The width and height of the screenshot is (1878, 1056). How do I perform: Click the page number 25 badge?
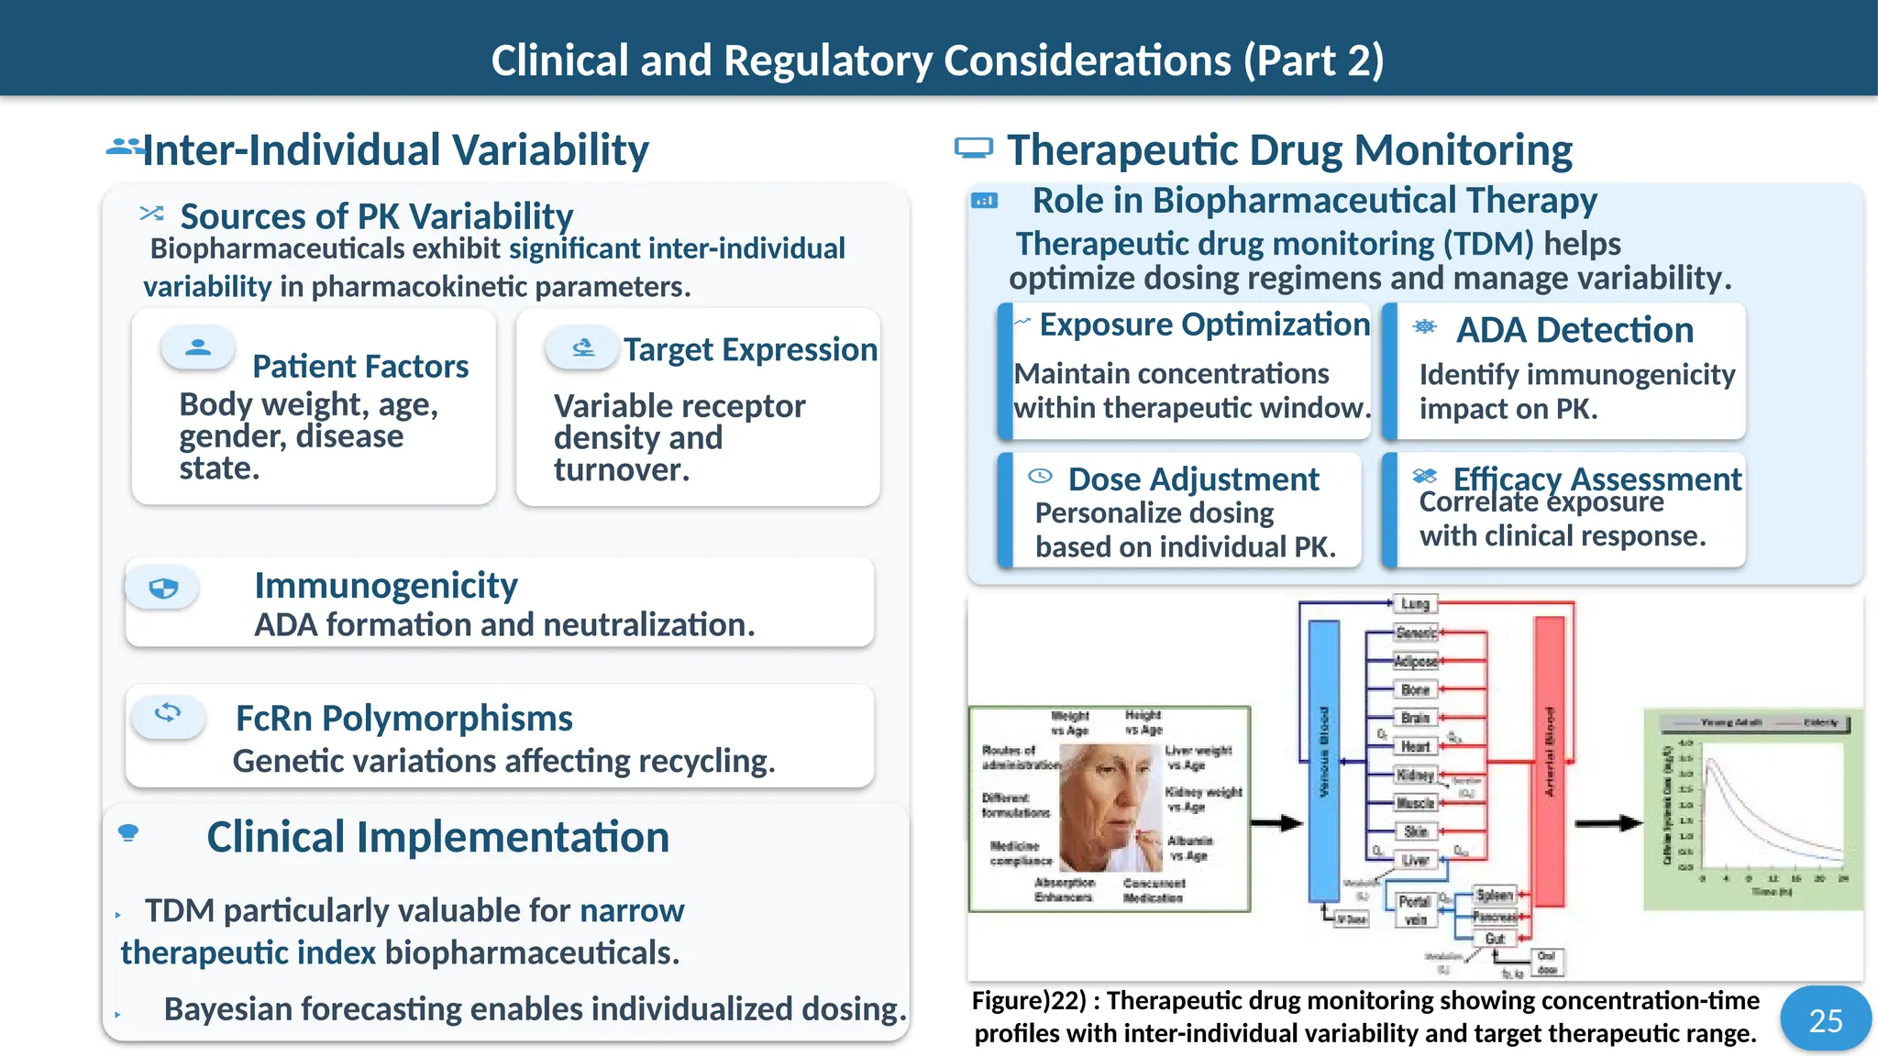tap(1825, 1019)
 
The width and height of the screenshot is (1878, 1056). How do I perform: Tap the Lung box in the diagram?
tap(1415, 603)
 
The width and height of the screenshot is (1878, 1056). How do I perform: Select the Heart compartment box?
tap(1415, 746)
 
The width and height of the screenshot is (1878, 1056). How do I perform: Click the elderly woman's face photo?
tap(1110, 807)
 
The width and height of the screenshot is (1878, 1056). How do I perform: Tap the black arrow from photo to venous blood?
tap(1276, 822)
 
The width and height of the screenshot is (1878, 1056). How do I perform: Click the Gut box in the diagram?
tap(1495, 939)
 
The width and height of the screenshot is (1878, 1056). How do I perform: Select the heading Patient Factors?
tap(360, 366)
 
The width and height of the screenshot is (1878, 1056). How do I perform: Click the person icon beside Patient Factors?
tap(198, 347)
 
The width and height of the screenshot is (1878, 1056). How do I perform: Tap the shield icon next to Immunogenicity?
tap(163, 588)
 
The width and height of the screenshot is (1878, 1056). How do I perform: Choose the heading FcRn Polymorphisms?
tap(403, 718)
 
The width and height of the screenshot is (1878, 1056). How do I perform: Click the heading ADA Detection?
tap(1574, 330)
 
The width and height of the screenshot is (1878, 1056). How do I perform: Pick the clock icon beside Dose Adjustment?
tap(1040, 476)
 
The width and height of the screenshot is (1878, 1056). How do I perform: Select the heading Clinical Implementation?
tap(437, 836)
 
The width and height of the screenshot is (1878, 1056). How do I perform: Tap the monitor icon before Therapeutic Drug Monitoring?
tap(973, 148)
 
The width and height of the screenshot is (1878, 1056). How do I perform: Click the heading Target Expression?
tap(750, 349)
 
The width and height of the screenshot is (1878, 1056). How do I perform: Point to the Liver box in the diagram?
tap(1415, 860)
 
